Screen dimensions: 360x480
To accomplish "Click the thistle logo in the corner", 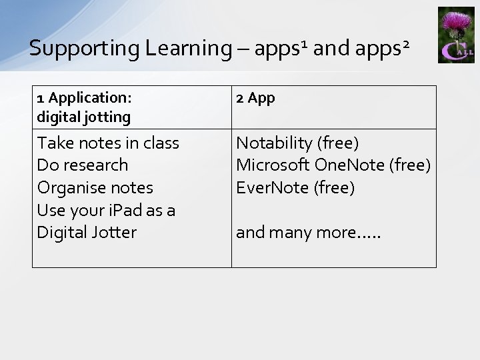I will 456,35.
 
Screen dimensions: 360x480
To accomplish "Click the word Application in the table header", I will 90,98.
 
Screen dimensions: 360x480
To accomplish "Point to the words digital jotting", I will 84,117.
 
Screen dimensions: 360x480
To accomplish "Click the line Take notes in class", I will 108,143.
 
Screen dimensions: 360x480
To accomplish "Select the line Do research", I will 83,165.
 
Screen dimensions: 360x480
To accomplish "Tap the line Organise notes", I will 95,187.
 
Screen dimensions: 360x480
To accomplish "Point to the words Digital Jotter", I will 87,232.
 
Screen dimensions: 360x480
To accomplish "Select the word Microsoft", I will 273,165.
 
